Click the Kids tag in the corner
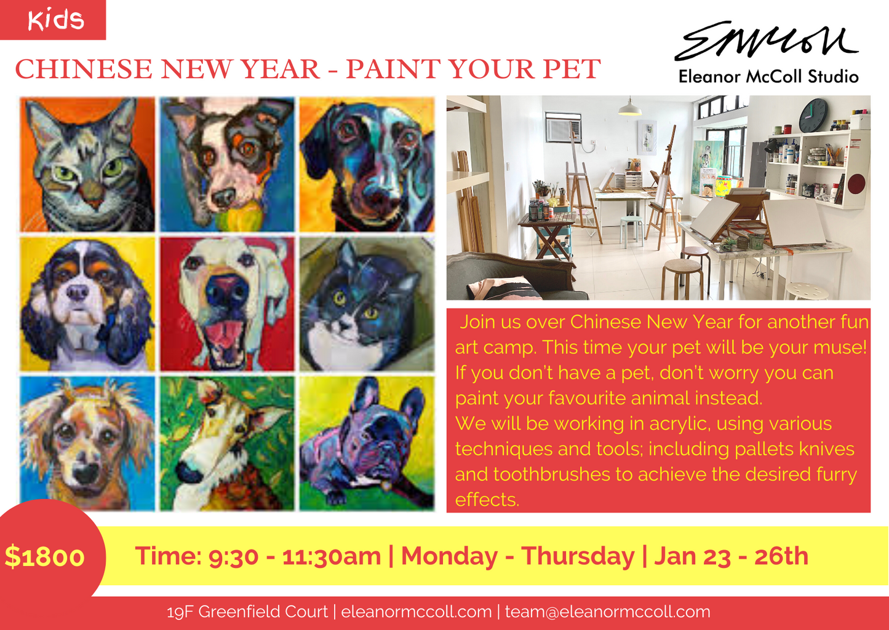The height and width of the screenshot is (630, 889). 54,20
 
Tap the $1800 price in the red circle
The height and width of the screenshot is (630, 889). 44,557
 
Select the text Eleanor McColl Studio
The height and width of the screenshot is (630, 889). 768,77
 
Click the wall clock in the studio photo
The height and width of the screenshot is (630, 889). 814,115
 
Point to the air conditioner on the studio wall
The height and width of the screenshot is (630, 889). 563,128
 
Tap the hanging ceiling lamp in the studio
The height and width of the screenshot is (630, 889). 630,108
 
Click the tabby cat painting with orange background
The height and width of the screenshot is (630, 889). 87,165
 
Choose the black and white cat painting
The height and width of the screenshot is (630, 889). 367,304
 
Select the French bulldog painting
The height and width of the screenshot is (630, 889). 367,443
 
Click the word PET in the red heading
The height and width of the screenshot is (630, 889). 572,69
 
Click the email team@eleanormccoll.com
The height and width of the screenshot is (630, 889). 607,612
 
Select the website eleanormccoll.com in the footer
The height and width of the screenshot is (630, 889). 417,612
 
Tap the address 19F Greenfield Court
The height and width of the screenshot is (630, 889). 247,612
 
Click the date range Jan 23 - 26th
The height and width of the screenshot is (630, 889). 731,556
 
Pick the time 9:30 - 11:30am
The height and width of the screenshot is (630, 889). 295,556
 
